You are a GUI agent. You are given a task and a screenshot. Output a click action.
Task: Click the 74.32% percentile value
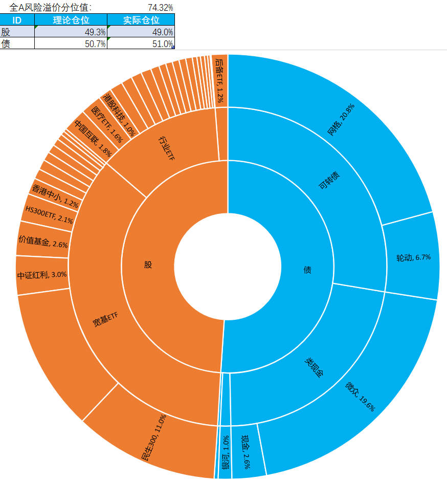(x=159, y=7)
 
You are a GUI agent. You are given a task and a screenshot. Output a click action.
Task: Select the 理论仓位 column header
(x=71, y=20)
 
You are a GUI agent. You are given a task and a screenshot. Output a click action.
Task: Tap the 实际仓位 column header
(x=141, y=20)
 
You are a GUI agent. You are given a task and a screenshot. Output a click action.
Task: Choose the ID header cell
(x=17, y=20)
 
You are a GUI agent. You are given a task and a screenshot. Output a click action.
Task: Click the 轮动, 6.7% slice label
(x=413, y=257)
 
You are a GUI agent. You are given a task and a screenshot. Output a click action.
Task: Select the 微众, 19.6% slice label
(x=360, y=396)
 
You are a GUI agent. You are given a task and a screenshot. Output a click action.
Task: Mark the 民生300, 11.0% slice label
(x=154, y=437)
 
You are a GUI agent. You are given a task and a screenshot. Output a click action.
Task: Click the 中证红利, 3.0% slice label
(x=42, y=275)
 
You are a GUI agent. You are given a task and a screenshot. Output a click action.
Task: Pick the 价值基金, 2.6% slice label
(x=43, y=242)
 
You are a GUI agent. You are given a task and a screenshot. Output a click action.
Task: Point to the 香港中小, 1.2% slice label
(x=56, y=196)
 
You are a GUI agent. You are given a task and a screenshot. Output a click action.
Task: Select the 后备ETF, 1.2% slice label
(x=219, y=80)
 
